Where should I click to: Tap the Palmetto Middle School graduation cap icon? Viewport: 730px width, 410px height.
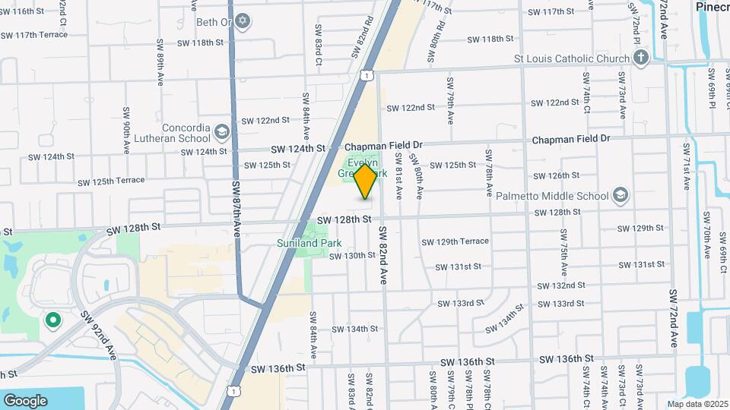tap(620, 196)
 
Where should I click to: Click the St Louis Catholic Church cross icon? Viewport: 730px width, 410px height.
tap(640, 58)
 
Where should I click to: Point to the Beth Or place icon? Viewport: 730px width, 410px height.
tap(243, 21)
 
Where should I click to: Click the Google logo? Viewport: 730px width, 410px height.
tap(25, 400)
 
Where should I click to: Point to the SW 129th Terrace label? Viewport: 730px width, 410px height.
tap(455, 241)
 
